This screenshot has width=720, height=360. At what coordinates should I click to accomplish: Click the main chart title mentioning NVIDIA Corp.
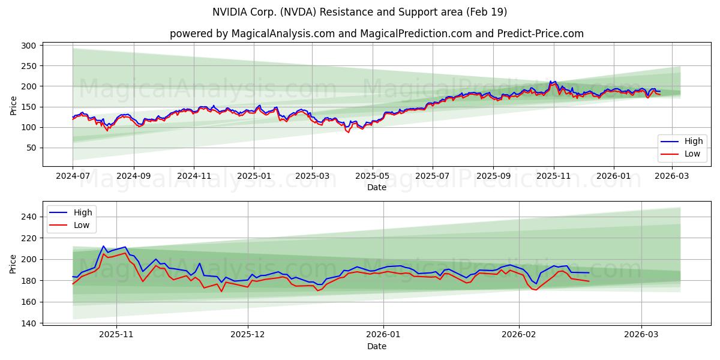(359, 12)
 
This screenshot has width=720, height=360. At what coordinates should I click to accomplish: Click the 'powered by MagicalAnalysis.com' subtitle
(376, 34)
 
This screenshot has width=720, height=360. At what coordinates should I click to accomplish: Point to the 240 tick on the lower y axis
(31, 217)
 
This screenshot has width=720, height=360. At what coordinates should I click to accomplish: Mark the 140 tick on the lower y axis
(31, 323)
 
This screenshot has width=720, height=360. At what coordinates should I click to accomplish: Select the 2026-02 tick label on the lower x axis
(518, 335)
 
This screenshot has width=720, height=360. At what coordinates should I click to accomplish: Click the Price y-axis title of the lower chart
(13, 263)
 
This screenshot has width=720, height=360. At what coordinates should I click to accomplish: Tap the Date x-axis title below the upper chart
(377, 187)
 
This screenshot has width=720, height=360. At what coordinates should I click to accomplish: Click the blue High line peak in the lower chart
(103, 246)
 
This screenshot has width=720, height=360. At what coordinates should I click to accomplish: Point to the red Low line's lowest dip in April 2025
(348, 132)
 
